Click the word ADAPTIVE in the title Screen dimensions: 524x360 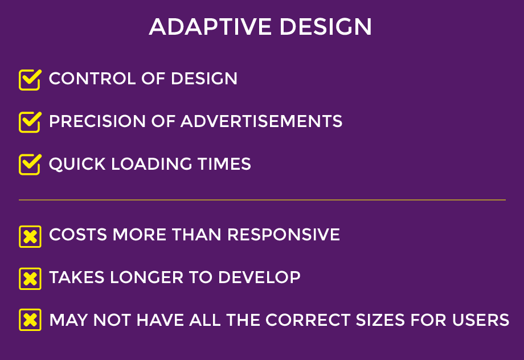pos(210,26)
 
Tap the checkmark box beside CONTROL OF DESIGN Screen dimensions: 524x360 pos(30,80)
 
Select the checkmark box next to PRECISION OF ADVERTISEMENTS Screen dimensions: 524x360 pos(30,122)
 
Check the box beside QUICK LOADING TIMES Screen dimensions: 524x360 pos(30,165)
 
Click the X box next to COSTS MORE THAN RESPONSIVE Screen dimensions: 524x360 pos(30,236)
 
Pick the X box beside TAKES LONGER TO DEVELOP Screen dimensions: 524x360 pos(30,279)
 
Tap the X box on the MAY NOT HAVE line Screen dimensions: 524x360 pos(30,320)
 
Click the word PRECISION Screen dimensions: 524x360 pos(97,121)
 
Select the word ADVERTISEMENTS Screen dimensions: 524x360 pos(261,121)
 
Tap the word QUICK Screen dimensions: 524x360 pos(77,164)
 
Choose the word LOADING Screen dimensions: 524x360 pos(152,164)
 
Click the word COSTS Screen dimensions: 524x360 pos(78,234)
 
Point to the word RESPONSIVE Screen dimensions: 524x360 pos(284,234)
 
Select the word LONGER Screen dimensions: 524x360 pos(147,277)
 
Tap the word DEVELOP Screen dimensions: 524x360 pos(259,277)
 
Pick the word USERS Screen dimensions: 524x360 pos(481,320)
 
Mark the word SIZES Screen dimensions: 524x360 pos(380,320)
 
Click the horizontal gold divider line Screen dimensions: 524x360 pos(263,200)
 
